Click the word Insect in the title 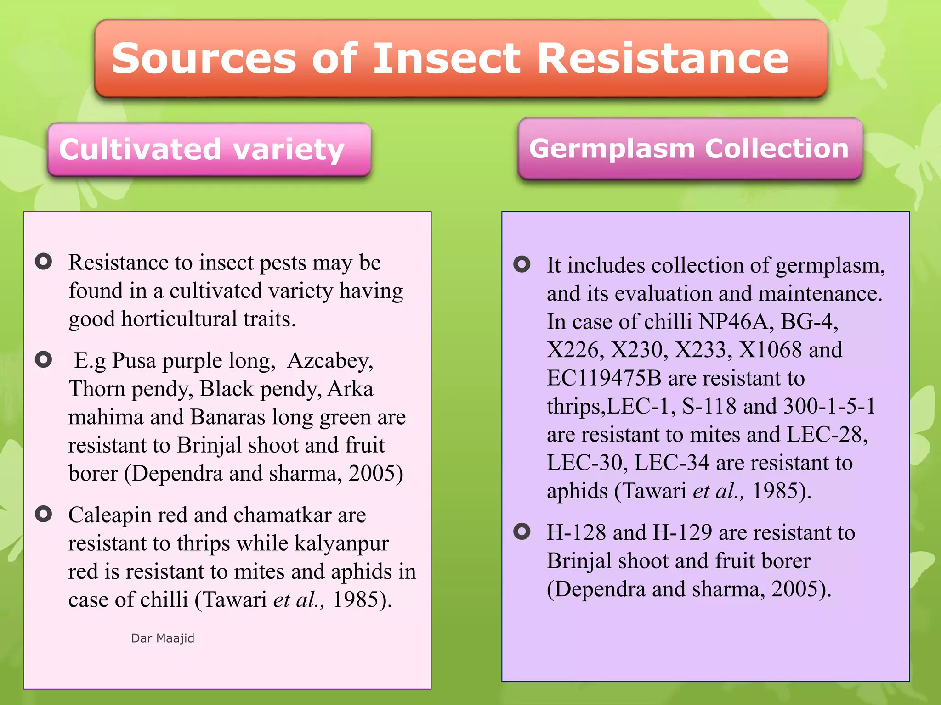point(447,59)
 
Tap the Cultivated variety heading point(202,150)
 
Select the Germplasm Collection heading point(689,148)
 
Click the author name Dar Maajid point(163,638)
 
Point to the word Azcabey point(329,361)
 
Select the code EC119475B point(604,378)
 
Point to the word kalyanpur point(341,543)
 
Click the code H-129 point(682,532)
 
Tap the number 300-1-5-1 point(829,406)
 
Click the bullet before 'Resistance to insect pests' point(44,262)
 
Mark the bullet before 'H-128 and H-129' point(522,532)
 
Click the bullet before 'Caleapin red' point(44,514)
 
